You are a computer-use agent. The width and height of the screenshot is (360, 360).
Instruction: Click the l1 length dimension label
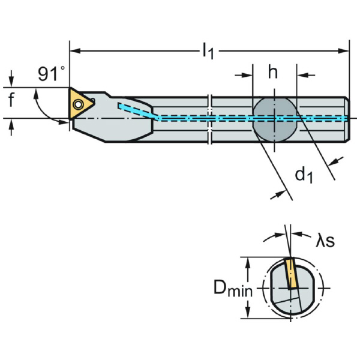tap(208, 52)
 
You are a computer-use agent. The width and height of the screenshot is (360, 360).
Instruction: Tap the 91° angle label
tap(51, 74)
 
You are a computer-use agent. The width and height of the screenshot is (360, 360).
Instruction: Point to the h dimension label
tap(273, 73)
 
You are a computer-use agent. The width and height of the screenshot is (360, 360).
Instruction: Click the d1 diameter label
tap(304, 175)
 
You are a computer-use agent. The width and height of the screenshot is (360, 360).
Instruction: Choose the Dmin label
tap(232, 290)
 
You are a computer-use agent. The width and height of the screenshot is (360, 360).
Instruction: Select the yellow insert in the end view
tap(291, 274)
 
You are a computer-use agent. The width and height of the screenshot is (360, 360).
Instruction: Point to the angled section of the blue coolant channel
tap(138, 111)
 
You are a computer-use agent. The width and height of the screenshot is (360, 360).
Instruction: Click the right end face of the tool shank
tap(348, 118)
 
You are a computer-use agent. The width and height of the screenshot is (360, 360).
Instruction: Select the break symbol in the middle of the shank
tap(210, 118)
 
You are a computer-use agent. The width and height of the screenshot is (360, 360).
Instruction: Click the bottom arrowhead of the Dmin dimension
tap(247, 316)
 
